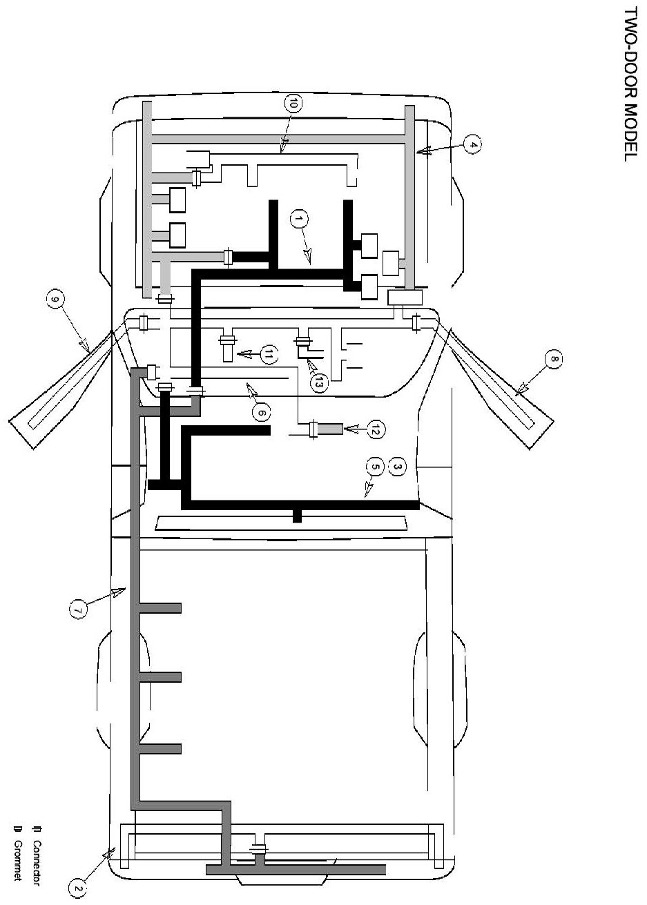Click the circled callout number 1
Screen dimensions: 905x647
pyautogui.click(x=298, y=220)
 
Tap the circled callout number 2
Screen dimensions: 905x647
pyautogui.click(x=78, y=886)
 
